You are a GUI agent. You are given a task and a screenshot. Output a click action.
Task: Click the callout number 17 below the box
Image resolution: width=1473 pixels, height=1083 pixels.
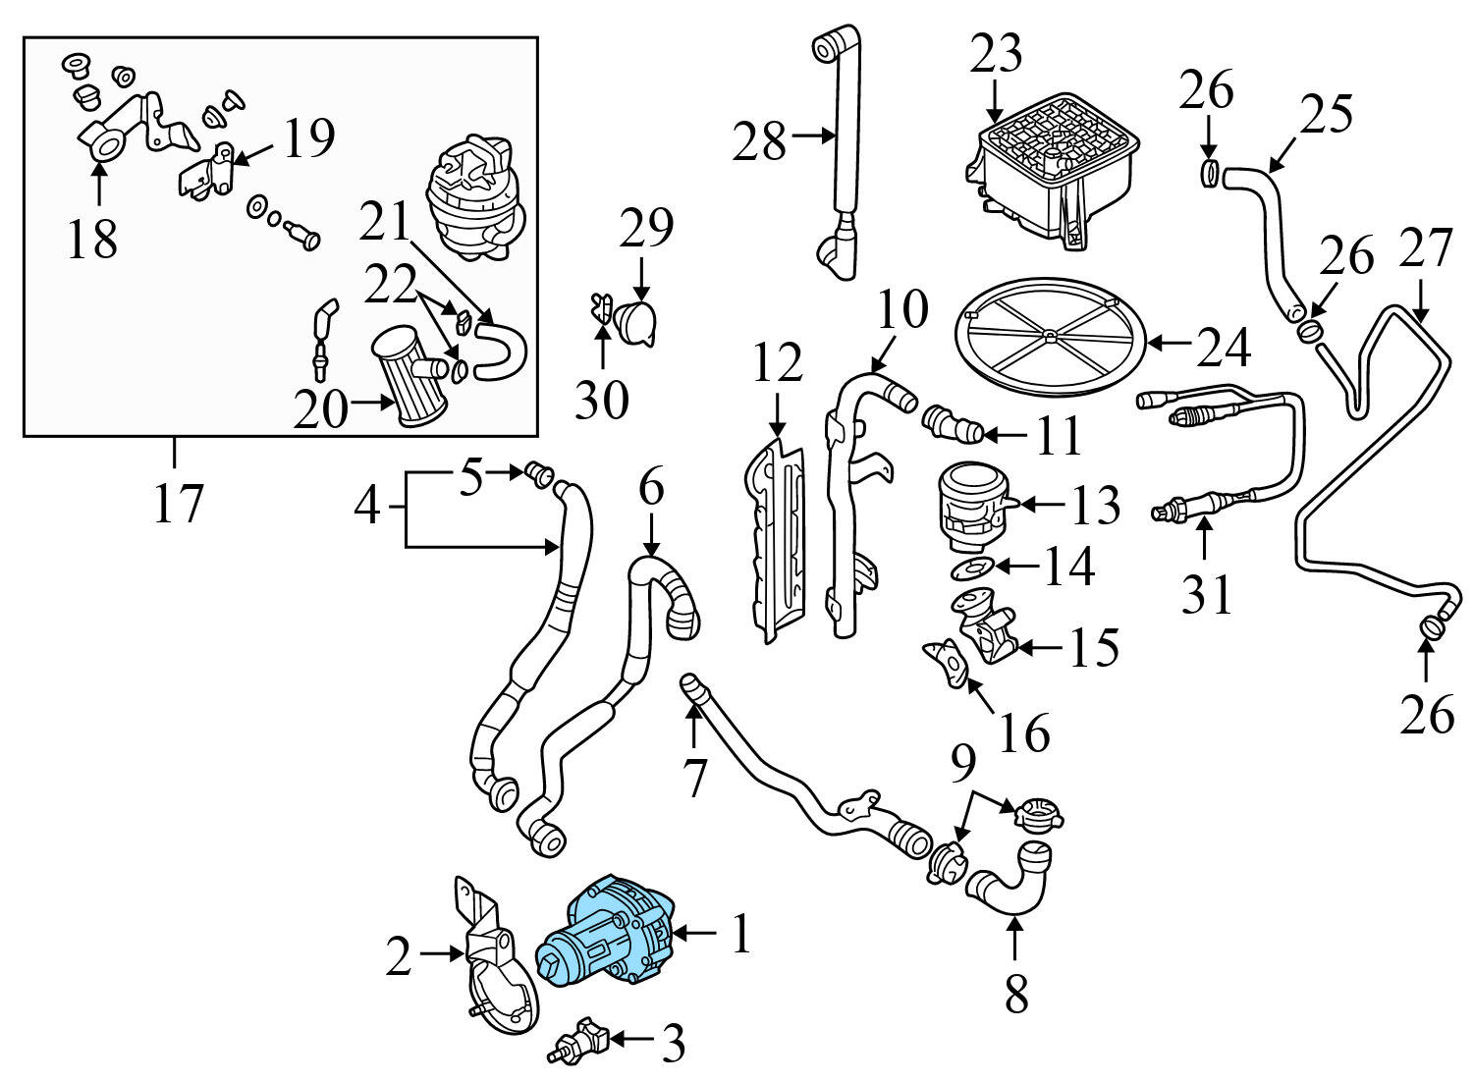pyautogui.click(x=178, y=505)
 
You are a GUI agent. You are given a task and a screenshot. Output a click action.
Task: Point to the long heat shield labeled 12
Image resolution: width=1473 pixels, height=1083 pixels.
pyautogui.click(x=778, y=540)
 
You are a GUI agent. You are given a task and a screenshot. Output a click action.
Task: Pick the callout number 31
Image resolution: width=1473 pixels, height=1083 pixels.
pyautogui.click(x=1206, y=593)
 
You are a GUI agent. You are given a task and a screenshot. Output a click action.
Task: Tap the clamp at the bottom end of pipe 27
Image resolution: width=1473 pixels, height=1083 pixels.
pyautogui.click(x=1433, y=624)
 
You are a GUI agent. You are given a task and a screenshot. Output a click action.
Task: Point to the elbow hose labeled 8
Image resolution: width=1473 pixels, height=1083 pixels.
pyautogui.click(x=1011, y=880)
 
